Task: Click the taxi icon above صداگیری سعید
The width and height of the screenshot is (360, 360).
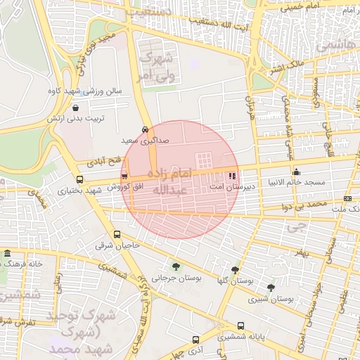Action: pyautogui.click(x=145, y=129)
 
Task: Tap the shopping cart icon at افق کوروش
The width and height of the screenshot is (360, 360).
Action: pyautogui.click(x=124, y=176)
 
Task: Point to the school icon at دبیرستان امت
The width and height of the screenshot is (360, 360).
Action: pyautogui.click(x=232, y=176)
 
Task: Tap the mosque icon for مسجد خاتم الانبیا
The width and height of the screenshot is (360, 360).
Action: pyautogui.click(x=296, y=171)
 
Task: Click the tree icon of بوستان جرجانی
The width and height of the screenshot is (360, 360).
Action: pyautogui.click(x=175, y=266)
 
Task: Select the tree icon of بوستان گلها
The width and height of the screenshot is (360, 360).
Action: pyautogui.click(x=235, y=269)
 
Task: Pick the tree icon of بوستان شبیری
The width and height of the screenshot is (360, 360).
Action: pyautogui.click(x=271, y=288)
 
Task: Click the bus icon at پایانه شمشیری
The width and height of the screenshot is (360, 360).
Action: pyautogui.click(x=241, y=326)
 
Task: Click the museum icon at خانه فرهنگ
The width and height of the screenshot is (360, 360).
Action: pyautogui.click(x=7, y=253)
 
